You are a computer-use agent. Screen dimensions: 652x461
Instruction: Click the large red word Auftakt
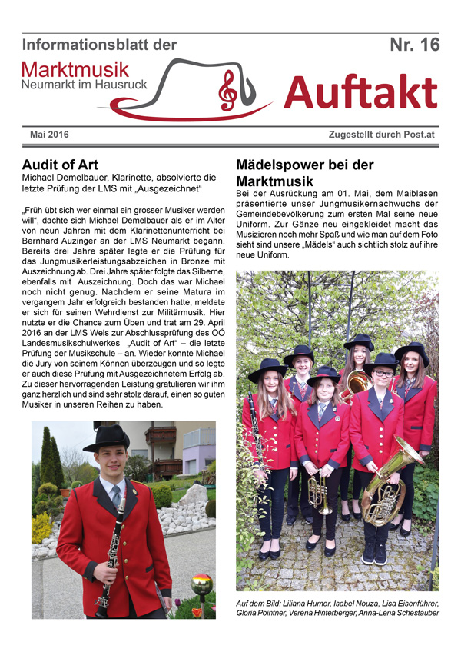click(x=360, y=94)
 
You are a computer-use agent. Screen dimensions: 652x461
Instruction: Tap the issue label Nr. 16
click(x=414, y=45)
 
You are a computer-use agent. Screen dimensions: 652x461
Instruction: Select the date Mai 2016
click(x=49, y=135)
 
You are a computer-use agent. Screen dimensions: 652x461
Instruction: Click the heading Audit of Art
click(x=64, y=165)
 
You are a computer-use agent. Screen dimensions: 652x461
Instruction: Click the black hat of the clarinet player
click(x=106, y=438)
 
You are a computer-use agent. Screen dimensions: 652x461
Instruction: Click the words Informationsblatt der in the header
click(x=100, y=45)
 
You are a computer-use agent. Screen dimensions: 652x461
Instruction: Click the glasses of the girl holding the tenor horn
click(x=382, y=374)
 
